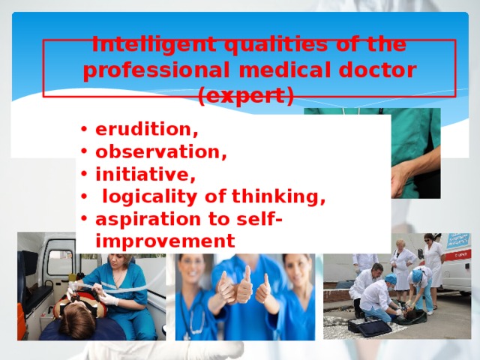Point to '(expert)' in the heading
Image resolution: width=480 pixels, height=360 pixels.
pyautogui.click(x=245, y=96)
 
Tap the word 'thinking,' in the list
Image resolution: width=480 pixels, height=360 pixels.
pyautogui.click(x=279, y=197)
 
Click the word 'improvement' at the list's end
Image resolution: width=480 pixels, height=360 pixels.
pyautogui.click(x=165, y=241)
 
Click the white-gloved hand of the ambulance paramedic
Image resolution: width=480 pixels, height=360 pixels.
pyautogui.click(x=109, y=299)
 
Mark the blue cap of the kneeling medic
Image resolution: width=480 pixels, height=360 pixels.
pyautogui.click(x=391, y=279)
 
